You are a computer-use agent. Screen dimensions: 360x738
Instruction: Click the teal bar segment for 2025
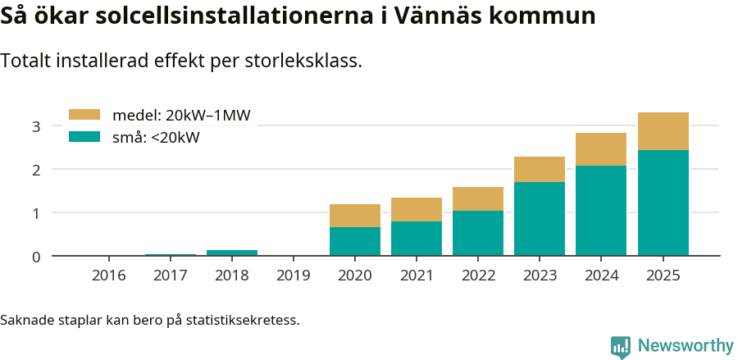point(663,203)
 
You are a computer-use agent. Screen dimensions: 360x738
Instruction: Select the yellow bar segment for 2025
point(663,131)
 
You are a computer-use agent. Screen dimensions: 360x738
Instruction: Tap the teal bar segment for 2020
point(355,241)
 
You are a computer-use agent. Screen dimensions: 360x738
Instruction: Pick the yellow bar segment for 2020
point(355,216)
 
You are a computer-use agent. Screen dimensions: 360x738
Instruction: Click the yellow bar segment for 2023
point(540,169)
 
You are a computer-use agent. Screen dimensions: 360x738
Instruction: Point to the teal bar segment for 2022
point(478,233)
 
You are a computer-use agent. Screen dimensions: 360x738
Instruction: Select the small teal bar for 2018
point(232,253)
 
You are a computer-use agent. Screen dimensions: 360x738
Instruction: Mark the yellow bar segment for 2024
point(601,149)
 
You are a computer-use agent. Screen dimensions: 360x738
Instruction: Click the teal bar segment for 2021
point(417,239)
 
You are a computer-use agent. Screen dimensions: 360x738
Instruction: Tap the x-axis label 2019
point(294,276)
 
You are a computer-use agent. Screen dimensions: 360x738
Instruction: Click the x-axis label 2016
point(109,276)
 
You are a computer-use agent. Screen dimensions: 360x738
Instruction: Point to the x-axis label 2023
point(540,276)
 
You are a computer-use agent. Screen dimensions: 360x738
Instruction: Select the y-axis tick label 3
point(35,126)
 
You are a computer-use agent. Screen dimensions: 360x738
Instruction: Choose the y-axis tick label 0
point(35,257)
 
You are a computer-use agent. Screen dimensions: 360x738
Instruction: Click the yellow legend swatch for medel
point(84,115)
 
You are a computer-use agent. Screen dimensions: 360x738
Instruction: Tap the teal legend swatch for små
point(84,138)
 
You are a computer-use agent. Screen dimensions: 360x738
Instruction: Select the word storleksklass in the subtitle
point(307,61)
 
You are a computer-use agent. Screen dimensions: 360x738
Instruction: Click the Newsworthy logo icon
point(620,346)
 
